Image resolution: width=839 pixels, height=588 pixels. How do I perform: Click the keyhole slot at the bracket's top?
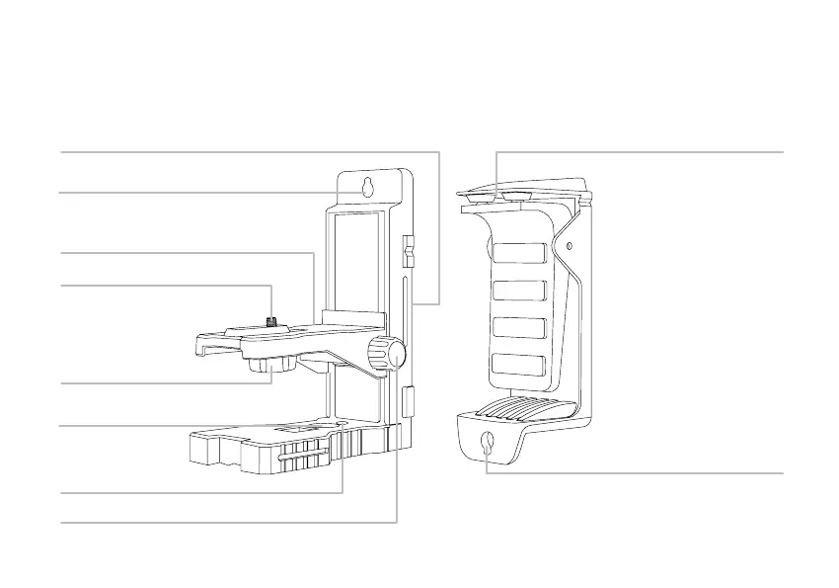pyautogui.click(x=367, y=188)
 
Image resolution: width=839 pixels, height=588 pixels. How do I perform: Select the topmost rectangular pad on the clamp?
pyautogui.click(x=519, y=254)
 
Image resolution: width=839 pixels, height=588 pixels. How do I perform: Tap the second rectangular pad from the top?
pyautogui.click(x=519, y=291)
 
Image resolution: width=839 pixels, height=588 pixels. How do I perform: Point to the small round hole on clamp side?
pyautogui.click(x=568, y=244)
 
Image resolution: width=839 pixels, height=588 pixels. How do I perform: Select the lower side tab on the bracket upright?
pyautogui.click(x=409, y=400)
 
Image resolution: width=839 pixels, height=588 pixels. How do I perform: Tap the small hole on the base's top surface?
pyautogui.click(x=340, y=428)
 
